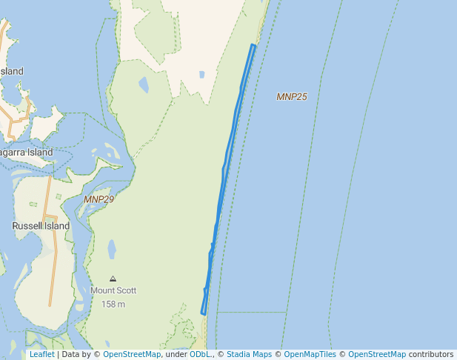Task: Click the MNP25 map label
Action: [292, 97]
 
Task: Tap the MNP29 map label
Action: [99, 199]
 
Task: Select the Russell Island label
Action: [41, 226]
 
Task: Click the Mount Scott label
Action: [113, 291]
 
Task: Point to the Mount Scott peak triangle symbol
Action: [113, 279]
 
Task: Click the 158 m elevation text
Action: [113, 304]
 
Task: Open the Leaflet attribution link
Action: [41, 354]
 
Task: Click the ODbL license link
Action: [200, 354]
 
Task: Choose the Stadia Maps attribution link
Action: [249, 354]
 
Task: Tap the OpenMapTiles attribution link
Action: [310, 354]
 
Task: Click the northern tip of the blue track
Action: [253, 46]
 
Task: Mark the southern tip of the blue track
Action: [204, 313]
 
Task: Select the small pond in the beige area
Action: [201, 75]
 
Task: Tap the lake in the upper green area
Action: [144, 85]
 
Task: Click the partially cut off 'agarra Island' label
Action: [27, 153]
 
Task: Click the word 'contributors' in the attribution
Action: [431, 354]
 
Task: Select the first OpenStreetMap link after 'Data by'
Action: [132, 354]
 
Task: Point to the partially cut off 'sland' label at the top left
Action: [12, 71]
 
